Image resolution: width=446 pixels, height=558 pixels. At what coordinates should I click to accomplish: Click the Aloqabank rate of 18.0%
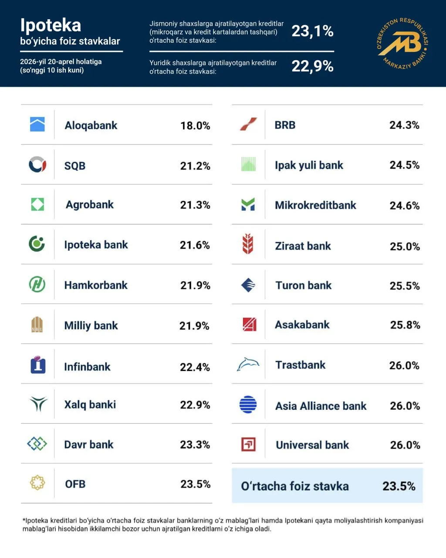pos(195,126)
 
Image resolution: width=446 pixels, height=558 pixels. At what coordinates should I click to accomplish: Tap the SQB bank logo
pos(37,165)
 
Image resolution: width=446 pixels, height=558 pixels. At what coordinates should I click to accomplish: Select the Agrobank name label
pos(89,204)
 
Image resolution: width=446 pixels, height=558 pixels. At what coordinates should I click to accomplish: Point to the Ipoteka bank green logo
pos(37,244)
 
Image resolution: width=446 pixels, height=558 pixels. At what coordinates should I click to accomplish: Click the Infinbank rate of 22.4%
pos(195,367)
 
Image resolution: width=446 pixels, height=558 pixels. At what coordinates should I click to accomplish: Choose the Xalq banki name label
pos(90,405)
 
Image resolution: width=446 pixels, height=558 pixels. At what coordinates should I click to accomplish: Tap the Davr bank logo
pos(37,444)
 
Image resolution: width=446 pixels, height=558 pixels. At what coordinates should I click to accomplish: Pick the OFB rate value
pos(195,484)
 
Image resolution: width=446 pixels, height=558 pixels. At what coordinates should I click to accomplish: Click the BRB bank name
pos(285,125)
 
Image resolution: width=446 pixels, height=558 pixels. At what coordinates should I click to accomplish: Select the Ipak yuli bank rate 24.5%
pos(404,165)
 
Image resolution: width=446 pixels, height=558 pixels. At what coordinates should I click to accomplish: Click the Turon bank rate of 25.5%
pos(405,286)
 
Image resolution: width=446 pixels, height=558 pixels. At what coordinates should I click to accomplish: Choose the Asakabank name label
pos(302,325)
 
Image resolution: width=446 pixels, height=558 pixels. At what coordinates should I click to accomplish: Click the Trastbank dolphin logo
pos(248,364)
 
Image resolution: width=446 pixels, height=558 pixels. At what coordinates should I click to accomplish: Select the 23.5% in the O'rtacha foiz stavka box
pos(399,486)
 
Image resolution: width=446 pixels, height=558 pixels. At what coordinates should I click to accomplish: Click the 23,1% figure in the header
pos(312,31)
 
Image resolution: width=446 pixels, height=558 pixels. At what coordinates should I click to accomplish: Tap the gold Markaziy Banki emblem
pos(402,44)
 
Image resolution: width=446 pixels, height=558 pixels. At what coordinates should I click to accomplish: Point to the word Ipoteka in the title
pos(51,25)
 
